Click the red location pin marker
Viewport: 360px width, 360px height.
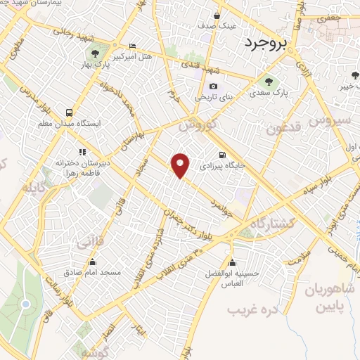coord(181,166)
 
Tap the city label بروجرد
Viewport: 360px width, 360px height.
coord(268,44)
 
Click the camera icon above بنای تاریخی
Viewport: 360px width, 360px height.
coord(213,87)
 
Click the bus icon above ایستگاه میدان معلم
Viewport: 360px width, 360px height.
coord(69,112)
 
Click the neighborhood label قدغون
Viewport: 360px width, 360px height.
coord(284,128)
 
